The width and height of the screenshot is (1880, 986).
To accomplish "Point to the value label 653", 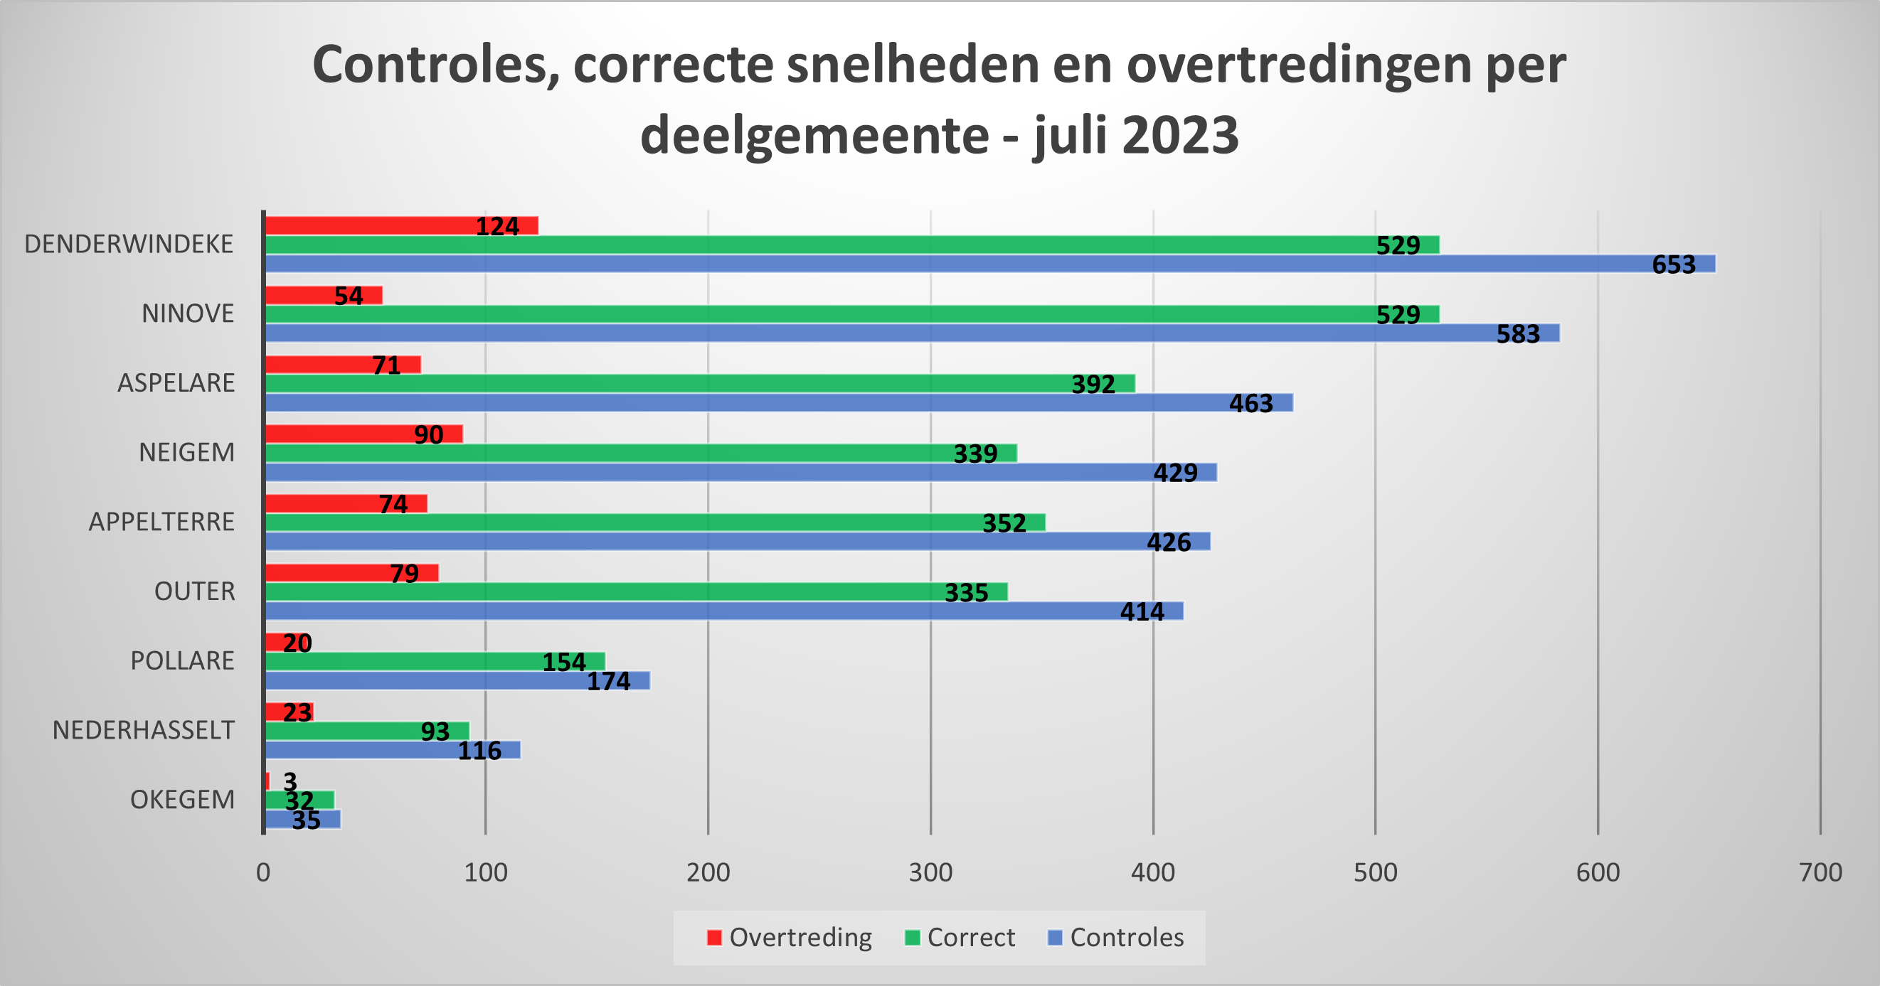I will [x=1674, y=264].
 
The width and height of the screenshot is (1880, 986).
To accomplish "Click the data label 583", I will [x=1518, y=334].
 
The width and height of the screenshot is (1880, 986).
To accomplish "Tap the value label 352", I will [x=1004, y=523].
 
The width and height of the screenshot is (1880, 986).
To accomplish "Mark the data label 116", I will [x=479, y=751].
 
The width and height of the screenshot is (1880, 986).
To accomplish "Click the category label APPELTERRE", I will [x=161, y=523].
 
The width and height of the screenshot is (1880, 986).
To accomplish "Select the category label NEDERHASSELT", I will [x=143, y=730].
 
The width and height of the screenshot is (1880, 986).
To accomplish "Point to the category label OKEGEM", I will [x=183, y=800].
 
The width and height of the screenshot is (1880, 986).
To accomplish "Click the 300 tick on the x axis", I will [x=930, y=873].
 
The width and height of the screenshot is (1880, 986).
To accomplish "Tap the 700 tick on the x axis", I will [x=1820, y=873].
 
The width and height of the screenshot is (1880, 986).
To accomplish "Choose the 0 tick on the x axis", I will [x=263, y=873].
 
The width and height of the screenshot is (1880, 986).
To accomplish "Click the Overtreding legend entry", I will [x=790, y=938].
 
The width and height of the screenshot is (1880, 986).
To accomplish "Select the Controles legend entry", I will [x=1116, y=938].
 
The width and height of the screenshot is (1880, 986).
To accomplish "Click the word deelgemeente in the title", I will [x=814, y=136].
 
